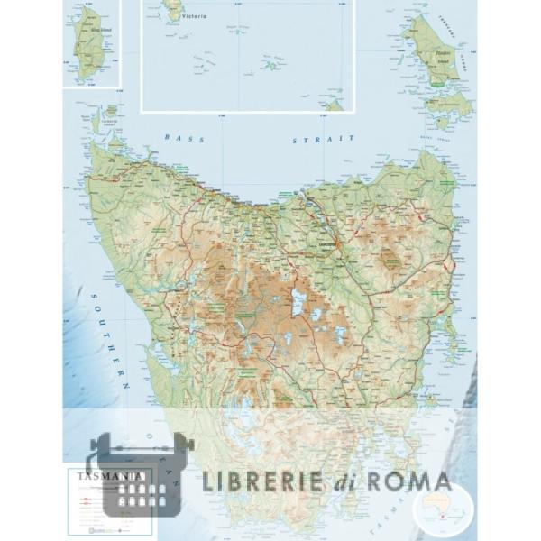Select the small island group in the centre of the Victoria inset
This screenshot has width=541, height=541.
(x=270, y=64)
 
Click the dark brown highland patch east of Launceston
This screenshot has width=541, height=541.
(x=390, y=259)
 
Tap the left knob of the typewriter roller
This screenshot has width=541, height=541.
(x=91, y=445)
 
